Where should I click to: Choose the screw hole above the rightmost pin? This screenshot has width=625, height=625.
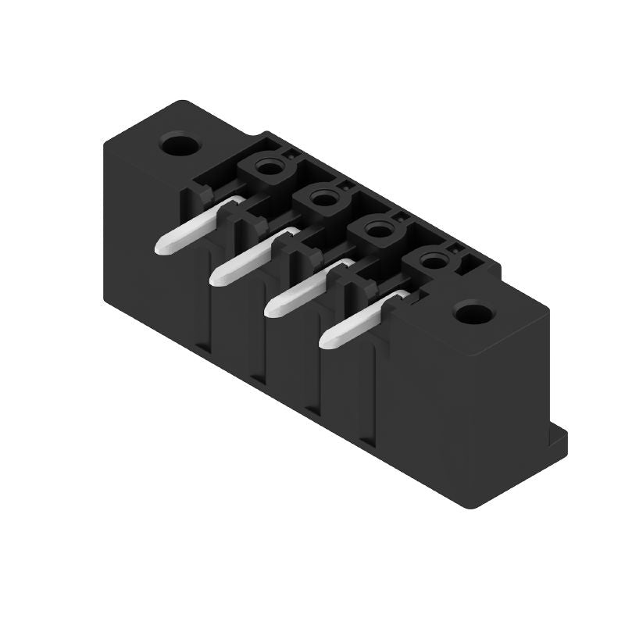tap(431, 262)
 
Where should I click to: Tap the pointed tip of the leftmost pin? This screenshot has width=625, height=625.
tap(162, 248)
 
